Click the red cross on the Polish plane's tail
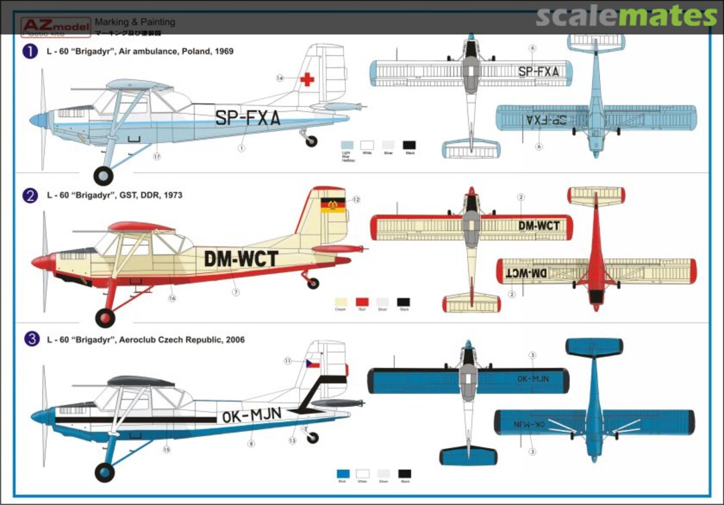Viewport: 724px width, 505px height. tap(307, 79)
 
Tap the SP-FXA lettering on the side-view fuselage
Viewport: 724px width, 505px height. tap(247, 119)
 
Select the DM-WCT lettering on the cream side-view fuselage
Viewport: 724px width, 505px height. tap(241, 258)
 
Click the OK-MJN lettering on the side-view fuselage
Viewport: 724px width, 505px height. tap(251, 416)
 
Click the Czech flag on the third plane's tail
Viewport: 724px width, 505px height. tap(312, 363)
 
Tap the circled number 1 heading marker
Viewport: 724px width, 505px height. tap(30, 51)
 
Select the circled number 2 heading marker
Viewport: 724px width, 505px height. tap(30, 195)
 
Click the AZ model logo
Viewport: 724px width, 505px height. tap(55, 27)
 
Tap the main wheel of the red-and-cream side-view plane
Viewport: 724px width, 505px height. tap(105, 317)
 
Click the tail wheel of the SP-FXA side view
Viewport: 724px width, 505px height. tap(311, 141)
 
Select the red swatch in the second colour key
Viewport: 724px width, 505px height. tap(363, 302)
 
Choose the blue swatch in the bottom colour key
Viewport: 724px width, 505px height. tap(344, 474)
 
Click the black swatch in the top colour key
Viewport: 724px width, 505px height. tap(408, 145)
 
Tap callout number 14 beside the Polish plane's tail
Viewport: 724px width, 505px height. tap(280, 78)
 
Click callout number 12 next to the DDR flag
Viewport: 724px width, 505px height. tap(357, 199)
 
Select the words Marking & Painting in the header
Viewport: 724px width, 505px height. tap(135, 22)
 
